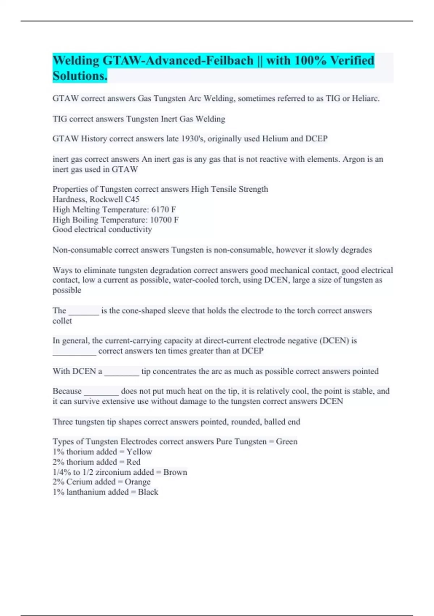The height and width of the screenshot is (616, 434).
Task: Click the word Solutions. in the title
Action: [x=80, y=76]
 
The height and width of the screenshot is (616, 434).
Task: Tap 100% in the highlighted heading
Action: [x=311, y=60]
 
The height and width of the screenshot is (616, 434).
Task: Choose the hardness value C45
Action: [x=132, y=199]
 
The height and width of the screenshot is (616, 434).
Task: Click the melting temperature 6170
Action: [x=160, y=209]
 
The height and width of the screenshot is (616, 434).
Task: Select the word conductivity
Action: [x=131, y=229]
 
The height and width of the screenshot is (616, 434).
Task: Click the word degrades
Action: [x=355, y=250]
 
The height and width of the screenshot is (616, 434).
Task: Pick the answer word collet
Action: [x=62, y=321]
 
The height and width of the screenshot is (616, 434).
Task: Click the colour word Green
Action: [x=286, y=442]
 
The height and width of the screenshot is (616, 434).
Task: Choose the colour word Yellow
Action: [x=139, y=452]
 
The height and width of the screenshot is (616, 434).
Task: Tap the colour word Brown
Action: [x=175, y=472]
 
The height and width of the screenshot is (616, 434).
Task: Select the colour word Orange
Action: [x=137, y=482]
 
